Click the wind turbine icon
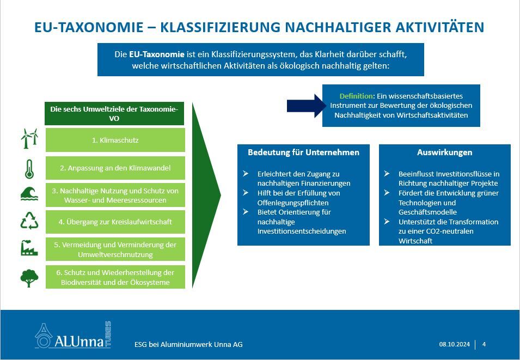coord(29,139)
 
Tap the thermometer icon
coord(29,169)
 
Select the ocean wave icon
coord(29,194)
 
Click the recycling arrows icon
coord(29,221)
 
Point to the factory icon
coord(29,248)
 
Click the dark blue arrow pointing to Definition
coord(307,106)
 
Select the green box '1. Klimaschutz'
coord(115,140)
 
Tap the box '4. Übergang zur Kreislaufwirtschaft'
coord(115,222)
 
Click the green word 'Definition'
coord(356,96)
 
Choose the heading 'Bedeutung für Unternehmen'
coord(303,152)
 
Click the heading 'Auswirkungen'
coord(445,152)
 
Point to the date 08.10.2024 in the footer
coord(455,344)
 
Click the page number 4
coord(484,344)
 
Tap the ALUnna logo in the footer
coord(73,335)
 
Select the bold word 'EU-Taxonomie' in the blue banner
coord(156,54)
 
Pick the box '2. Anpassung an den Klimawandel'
coord(115,168)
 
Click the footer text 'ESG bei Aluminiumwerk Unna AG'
coord(188,344)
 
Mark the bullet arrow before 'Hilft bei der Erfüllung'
coord(246,193)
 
